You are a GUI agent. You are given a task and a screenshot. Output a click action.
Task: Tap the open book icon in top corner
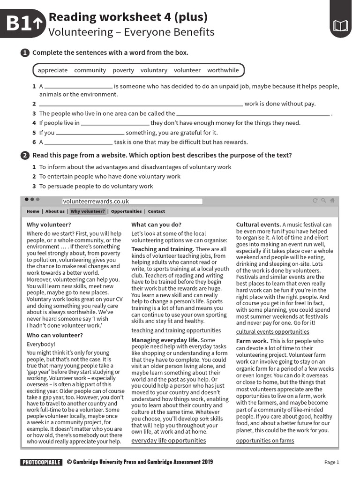pos(340,26)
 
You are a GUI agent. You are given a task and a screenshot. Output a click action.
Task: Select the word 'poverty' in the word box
pos(123,70)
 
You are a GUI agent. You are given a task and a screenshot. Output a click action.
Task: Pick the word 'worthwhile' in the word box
pos(223,70)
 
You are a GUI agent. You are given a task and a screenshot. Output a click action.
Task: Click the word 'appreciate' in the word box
pos(52,70)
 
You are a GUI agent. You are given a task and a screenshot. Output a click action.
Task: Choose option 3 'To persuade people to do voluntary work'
pos(96,186)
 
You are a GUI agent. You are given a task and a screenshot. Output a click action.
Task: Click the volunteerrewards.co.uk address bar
pos(132,201)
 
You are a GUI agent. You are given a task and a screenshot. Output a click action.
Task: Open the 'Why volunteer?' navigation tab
pos(88,211)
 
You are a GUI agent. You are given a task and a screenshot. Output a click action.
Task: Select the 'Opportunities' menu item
pos(126,211)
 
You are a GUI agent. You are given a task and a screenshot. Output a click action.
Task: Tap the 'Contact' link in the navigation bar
pos(157,211)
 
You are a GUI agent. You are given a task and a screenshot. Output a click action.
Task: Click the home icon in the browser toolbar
pos(332,201)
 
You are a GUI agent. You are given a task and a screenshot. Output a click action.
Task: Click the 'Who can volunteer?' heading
pos(54,335)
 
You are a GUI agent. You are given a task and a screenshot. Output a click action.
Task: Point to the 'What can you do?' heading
pos(156,225)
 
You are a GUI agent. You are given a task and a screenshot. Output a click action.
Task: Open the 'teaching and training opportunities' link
pos(176,330)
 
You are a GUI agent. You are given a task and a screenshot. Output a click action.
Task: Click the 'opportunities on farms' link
pos(265,441)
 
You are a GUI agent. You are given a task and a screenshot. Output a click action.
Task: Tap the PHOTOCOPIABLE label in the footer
pos(41,462)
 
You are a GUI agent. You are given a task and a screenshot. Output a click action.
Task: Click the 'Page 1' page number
pos(331,462)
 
